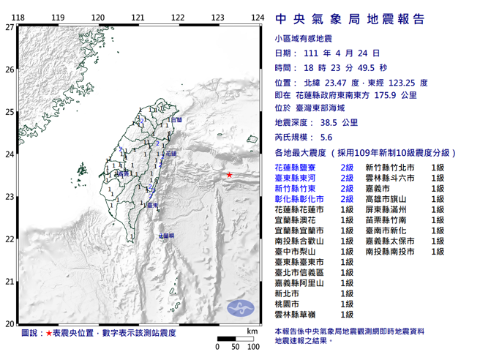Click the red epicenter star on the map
click(x=229, y=175)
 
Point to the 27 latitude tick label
click(x=9, y=27)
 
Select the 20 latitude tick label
click(x=9, y=323)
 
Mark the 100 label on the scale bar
click(x=252, y=347)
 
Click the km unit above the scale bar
click(x=252, y=331)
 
